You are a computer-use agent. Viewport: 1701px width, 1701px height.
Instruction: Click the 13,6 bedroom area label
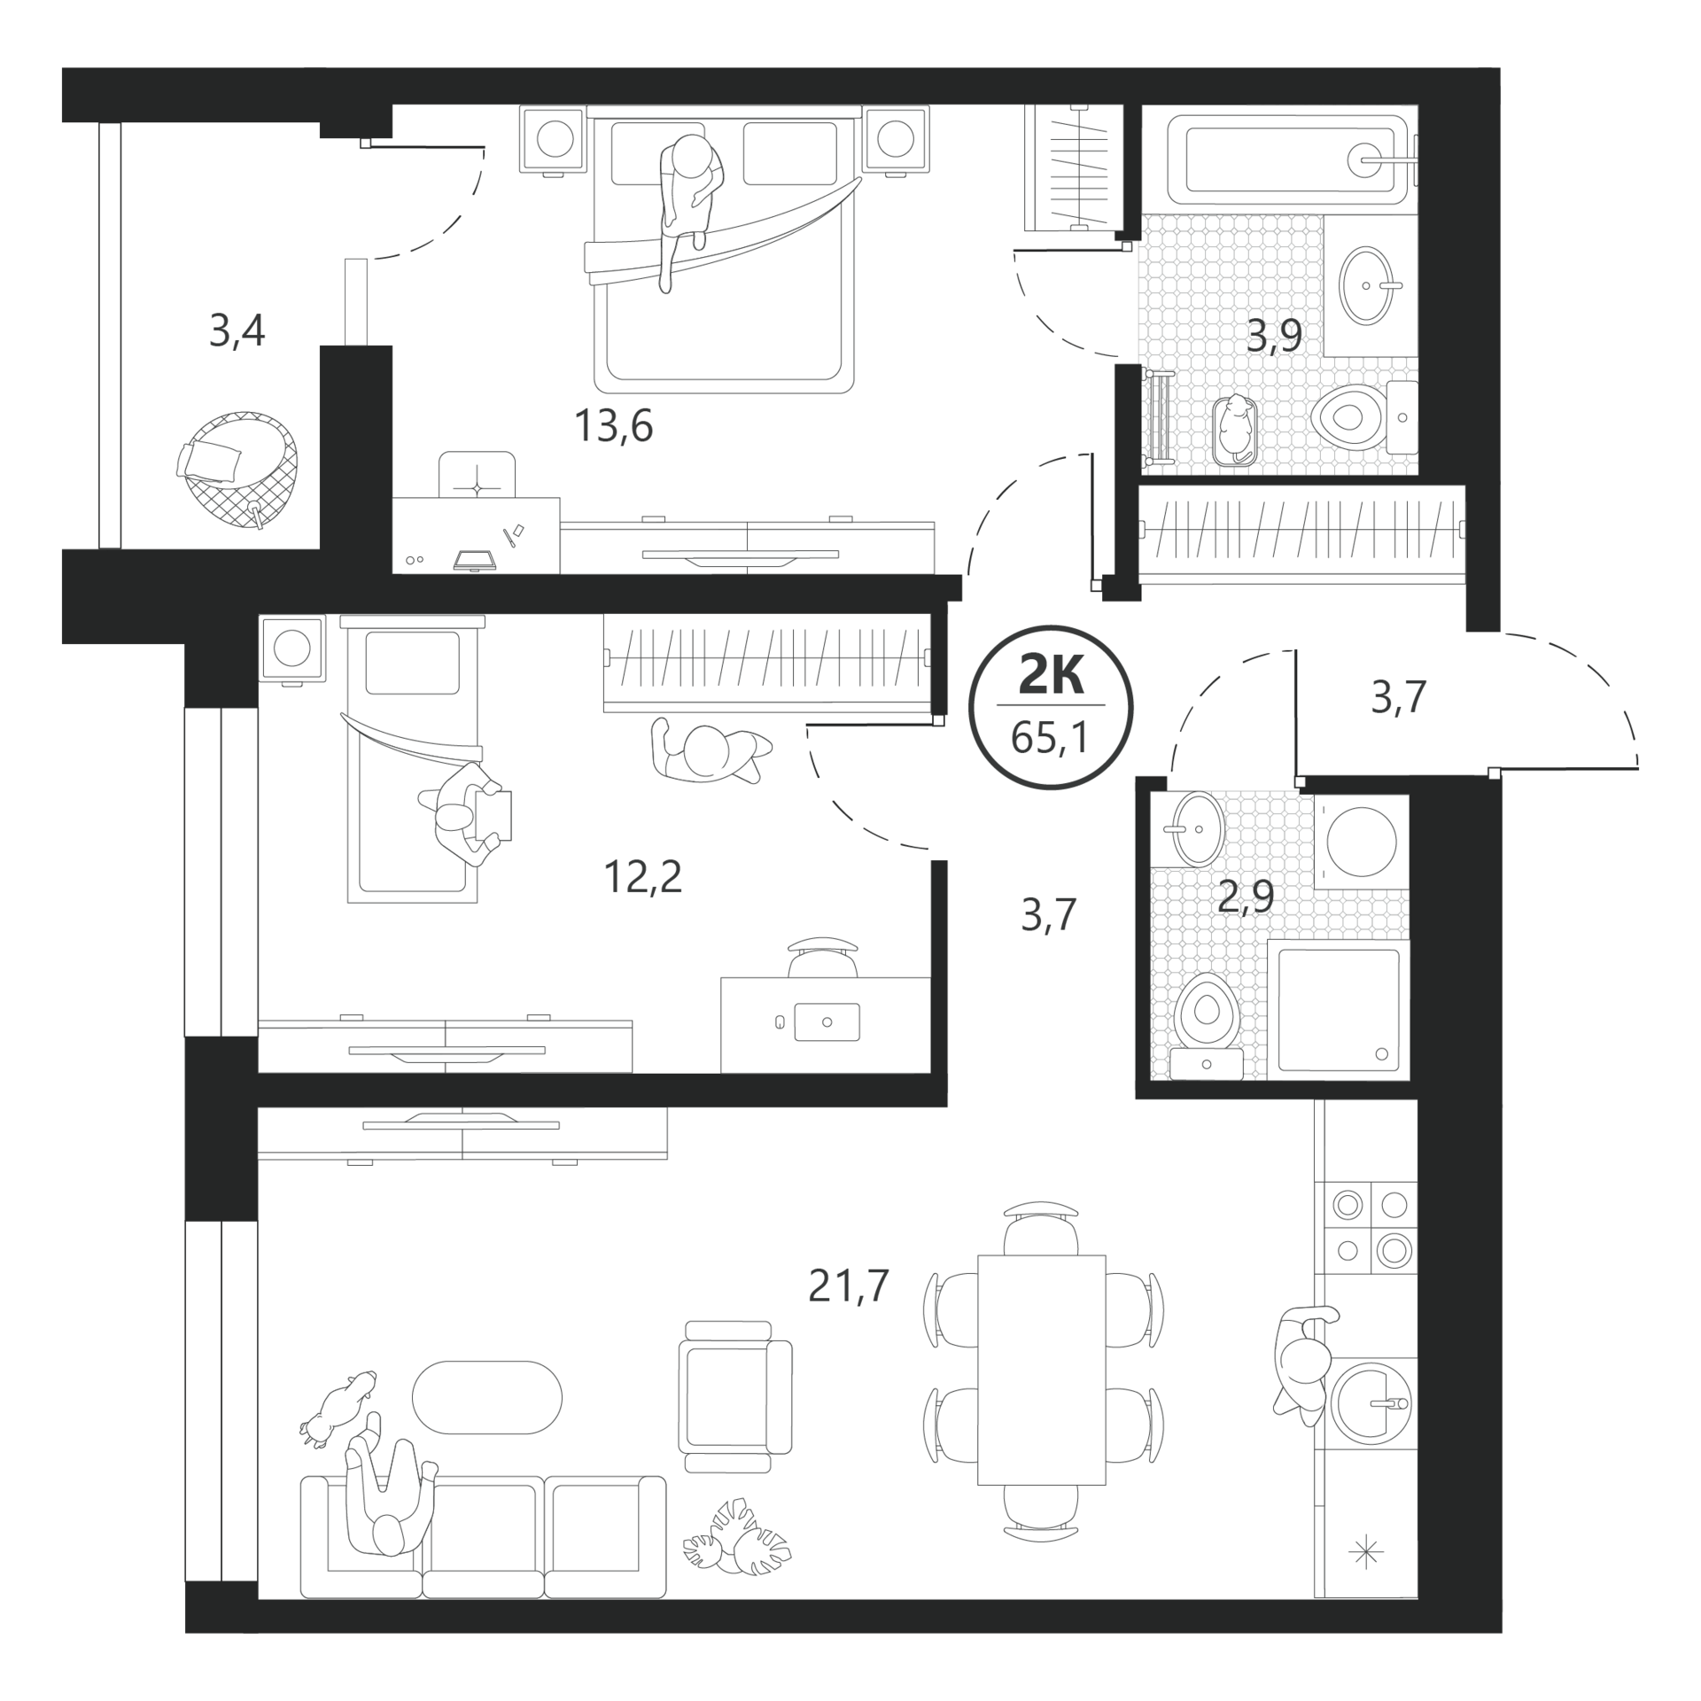(x=613, y=426)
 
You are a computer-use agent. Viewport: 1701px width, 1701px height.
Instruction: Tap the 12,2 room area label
(x=642, y=877)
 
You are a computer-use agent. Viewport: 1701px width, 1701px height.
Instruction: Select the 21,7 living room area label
(x=848, y=1285)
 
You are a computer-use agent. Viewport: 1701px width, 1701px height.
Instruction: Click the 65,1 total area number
(x=1051, y=736)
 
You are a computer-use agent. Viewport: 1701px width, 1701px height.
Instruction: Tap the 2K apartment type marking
(x=1051, y=677)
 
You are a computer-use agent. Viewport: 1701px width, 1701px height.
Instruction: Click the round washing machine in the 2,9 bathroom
(x=1361, y=841)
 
